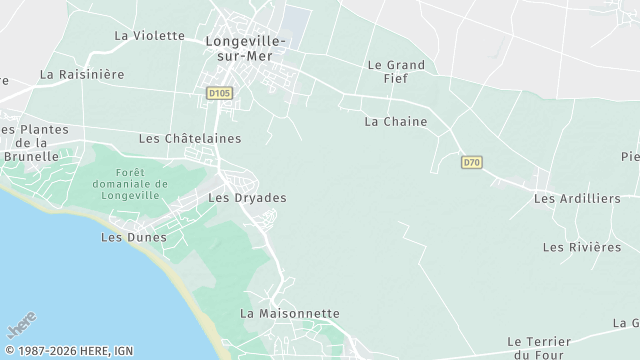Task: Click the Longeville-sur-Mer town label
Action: pyautogui.click(x=245, y=48)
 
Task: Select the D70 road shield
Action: pyautogui.click(x=472, y=161)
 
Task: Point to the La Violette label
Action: pyautogui.click(x=150, y=35)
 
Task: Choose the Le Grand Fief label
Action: pyautogui.click(x=397, y=72)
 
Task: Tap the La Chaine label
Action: pyautogui.click(x=396, y=122)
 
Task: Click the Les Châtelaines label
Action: pyautogui.click(x=190, y=138)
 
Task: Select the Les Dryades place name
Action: pyautogui.click(x=247, y=198)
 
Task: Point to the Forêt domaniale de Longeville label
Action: pyautogui.click(x=131, y=184)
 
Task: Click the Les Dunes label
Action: pyautogui.click(x=127, y=237)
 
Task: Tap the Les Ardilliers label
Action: pyautogui.click(x=577, y=198)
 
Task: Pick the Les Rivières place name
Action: pyautogui.click(x=582, y=246)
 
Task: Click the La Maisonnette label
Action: pyautogui.click(x=290, y=313)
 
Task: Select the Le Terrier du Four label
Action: pyautogui.click(x=537, y=347)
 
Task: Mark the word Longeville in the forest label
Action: pyautogui.click(x=131, y=196)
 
